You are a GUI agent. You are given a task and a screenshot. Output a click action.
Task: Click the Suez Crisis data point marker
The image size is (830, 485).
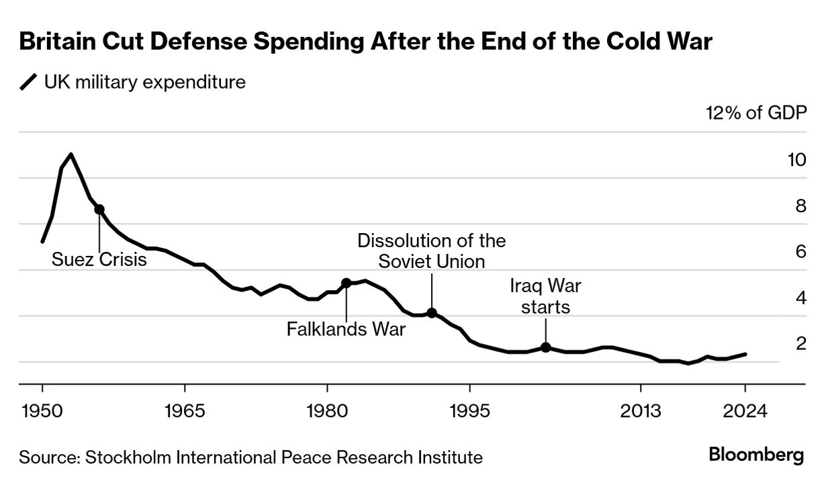(x=99, y=210)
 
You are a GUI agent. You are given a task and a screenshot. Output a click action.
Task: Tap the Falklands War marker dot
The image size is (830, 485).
(x=347, y=283)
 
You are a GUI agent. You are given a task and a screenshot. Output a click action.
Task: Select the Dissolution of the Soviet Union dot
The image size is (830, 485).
(x=432, y=313)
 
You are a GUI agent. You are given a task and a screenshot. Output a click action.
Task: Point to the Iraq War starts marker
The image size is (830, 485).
(x=546, y=347)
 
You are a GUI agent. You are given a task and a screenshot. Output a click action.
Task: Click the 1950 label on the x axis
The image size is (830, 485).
(x=42, y=410)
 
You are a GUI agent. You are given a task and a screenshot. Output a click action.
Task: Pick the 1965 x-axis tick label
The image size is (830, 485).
(x=185, y=410)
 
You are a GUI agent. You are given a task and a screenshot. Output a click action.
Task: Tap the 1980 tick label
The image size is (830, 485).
(x=327, y=410)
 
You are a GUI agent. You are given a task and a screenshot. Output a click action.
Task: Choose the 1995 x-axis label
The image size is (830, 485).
(x=469, y=410)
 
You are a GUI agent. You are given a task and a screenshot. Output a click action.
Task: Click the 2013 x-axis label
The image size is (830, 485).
(x=641, y=410)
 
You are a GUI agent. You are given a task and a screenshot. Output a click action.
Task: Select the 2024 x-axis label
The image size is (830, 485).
(x=745, y=410)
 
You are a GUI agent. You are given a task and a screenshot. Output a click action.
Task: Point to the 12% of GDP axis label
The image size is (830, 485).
(x=755, y=113)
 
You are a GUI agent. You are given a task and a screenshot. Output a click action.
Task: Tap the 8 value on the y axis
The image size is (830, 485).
(x=800, y=206)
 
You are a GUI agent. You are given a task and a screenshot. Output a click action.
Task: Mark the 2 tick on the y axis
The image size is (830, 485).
(x=800, y=344)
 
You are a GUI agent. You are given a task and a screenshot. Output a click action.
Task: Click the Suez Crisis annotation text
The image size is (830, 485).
(x=99, y=259)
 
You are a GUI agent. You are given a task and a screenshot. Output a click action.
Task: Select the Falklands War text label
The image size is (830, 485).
(x=346, y=330)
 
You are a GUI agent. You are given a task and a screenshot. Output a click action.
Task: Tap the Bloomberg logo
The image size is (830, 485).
(x=756, y=455)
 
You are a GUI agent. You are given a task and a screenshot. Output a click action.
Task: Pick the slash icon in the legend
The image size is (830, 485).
(x=29, y=83)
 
